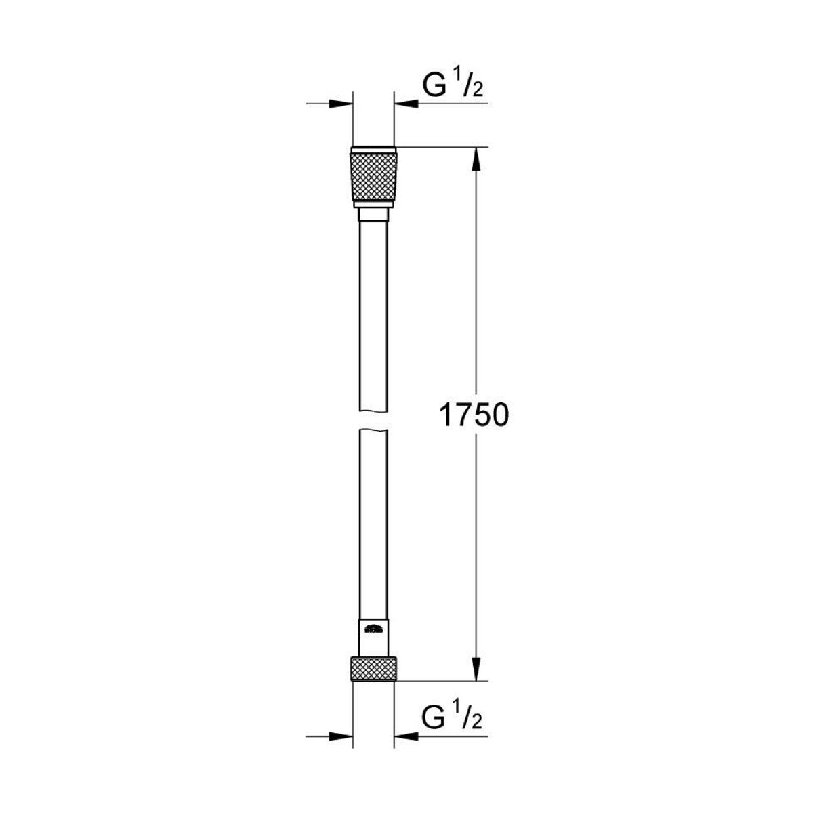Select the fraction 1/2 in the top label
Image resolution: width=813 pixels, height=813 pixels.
[472, 87]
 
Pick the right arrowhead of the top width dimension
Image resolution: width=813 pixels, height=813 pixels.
[406, 104]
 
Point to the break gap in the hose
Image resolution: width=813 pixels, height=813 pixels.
[373, 418]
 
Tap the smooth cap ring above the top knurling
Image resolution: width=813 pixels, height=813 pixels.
[373, 150]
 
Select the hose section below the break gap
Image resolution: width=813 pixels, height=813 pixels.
[373, 522]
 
